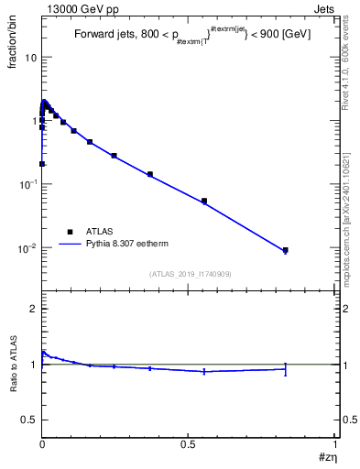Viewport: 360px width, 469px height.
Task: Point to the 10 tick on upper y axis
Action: click(29, 57)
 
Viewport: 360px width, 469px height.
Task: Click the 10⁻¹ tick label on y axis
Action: click(27, 184)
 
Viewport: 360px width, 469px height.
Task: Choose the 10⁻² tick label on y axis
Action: click(27, 248)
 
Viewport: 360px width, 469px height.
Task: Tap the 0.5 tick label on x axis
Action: click(189, 443)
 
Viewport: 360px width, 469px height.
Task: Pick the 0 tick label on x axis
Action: click(42, 443)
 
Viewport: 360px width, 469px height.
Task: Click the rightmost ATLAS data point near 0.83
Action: click(285, 250)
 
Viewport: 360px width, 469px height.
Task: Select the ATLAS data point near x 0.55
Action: click(204, 201)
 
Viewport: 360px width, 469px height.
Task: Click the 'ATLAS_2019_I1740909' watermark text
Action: click(189, 274)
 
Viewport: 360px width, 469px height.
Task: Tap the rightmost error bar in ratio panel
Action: click(285, 368)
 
